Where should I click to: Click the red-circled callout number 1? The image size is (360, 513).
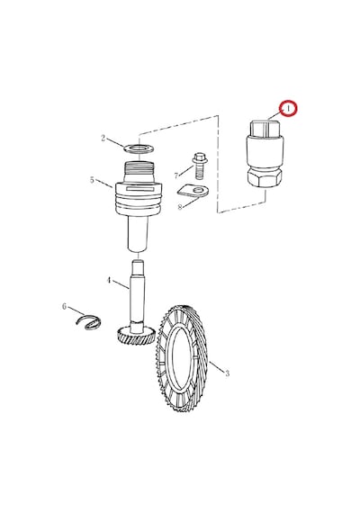[288, 109]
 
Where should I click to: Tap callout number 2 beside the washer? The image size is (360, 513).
[103, 139]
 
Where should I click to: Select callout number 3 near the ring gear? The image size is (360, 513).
[227, 373]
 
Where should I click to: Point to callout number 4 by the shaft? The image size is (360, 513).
[109, 281]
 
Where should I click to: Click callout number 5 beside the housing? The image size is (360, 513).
[92, 180]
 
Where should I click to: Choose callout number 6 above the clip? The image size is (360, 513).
[64, 307]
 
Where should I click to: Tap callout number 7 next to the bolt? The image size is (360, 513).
[176, 176]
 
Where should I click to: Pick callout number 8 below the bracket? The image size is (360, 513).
[180, 207]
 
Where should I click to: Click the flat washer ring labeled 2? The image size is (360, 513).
[139, 148]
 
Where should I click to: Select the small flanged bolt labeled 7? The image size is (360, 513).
[199, 166]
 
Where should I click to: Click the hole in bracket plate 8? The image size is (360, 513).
[198, 190]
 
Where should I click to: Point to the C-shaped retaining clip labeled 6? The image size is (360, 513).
[89, 322]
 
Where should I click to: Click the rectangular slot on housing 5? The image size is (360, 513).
[139, 189]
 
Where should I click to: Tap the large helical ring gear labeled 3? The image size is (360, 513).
[181, 358]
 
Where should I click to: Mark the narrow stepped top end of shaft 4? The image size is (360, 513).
[138, 267]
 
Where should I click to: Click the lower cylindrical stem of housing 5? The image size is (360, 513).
[138, 234]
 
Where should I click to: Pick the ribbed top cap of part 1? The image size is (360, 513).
[265, 129]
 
